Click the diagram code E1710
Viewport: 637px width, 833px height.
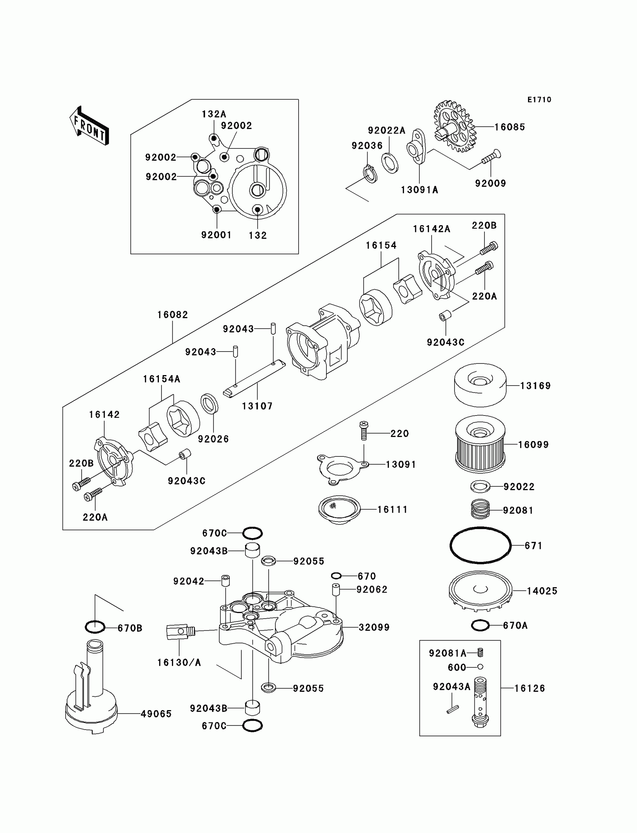pos(539,100)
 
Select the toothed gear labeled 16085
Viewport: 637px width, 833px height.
pos(454,126)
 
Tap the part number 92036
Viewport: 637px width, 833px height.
pos(367,146)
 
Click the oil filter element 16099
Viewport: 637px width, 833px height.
pos(480,444)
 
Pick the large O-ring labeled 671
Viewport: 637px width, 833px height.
pos(480,546)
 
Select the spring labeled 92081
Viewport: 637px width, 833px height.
pos(480,509)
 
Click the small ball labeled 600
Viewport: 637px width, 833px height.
pos(480,667)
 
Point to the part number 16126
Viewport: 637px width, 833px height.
pos(529,688)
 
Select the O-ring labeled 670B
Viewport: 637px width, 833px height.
pos(95,628)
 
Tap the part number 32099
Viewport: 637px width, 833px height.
pos(374,628)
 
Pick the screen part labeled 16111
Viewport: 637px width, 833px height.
pos(339,509)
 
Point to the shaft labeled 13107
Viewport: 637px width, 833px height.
pos(254,379)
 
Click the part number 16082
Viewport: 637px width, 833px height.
pos(172,315)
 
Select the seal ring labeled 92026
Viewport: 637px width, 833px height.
pos(209,404)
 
